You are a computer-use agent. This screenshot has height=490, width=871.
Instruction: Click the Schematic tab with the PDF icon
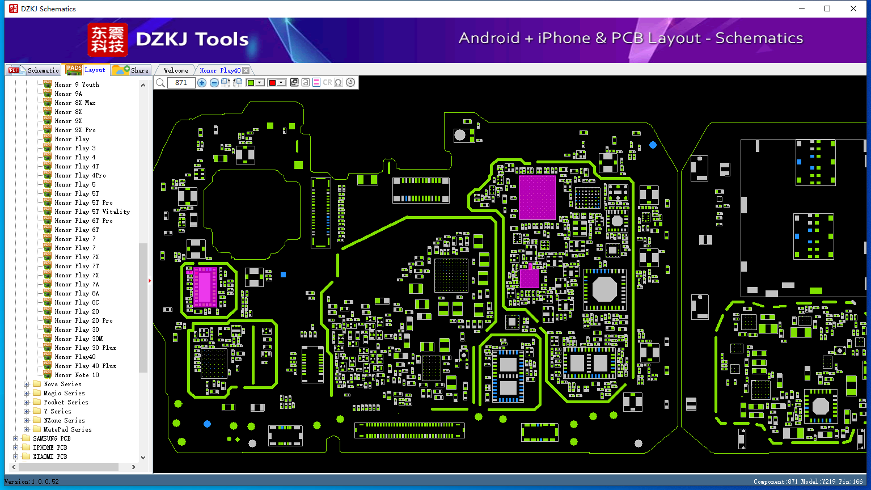[x=34, y=70]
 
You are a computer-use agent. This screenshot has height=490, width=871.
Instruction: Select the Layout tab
[x=86, y=70]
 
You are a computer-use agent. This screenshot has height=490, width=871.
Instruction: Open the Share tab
[x=131, y=70]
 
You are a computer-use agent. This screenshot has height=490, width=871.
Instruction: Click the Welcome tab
[x=176, y=70]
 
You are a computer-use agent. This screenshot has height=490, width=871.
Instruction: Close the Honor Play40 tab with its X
[x=246, y=70]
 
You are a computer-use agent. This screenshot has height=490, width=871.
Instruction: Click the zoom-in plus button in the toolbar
[x=201, y=82]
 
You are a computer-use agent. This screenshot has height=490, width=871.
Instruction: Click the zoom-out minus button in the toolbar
[x=214, y=82]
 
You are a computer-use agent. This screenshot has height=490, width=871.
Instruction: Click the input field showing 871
[x=181, y=82]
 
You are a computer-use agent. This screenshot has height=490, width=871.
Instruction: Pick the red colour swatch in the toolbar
[x=272, y=82]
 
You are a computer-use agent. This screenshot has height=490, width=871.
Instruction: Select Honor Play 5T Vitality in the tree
[x=92, y=212]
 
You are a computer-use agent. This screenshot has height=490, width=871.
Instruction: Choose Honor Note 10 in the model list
[x=77, y=375]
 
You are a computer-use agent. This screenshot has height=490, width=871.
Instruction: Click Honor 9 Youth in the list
[x=77, y=85]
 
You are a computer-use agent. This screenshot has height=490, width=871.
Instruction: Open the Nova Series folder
[x=62, y=384]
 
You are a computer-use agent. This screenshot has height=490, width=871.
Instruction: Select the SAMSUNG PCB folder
[x=52, y=438]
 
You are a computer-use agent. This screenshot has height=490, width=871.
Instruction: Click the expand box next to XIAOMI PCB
[x=15, y=457]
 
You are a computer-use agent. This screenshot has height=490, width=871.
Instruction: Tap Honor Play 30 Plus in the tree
[x=85, y=348]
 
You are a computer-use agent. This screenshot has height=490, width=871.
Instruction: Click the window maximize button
[x=827, y=9]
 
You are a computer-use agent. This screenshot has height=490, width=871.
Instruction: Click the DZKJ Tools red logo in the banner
[x=107, y=40]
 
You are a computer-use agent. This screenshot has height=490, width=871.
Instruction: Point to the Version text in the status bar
[x=32, y=481]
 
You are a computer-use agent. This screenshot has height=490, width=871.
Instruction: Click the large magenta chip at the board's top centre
[x=537, y=197]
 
